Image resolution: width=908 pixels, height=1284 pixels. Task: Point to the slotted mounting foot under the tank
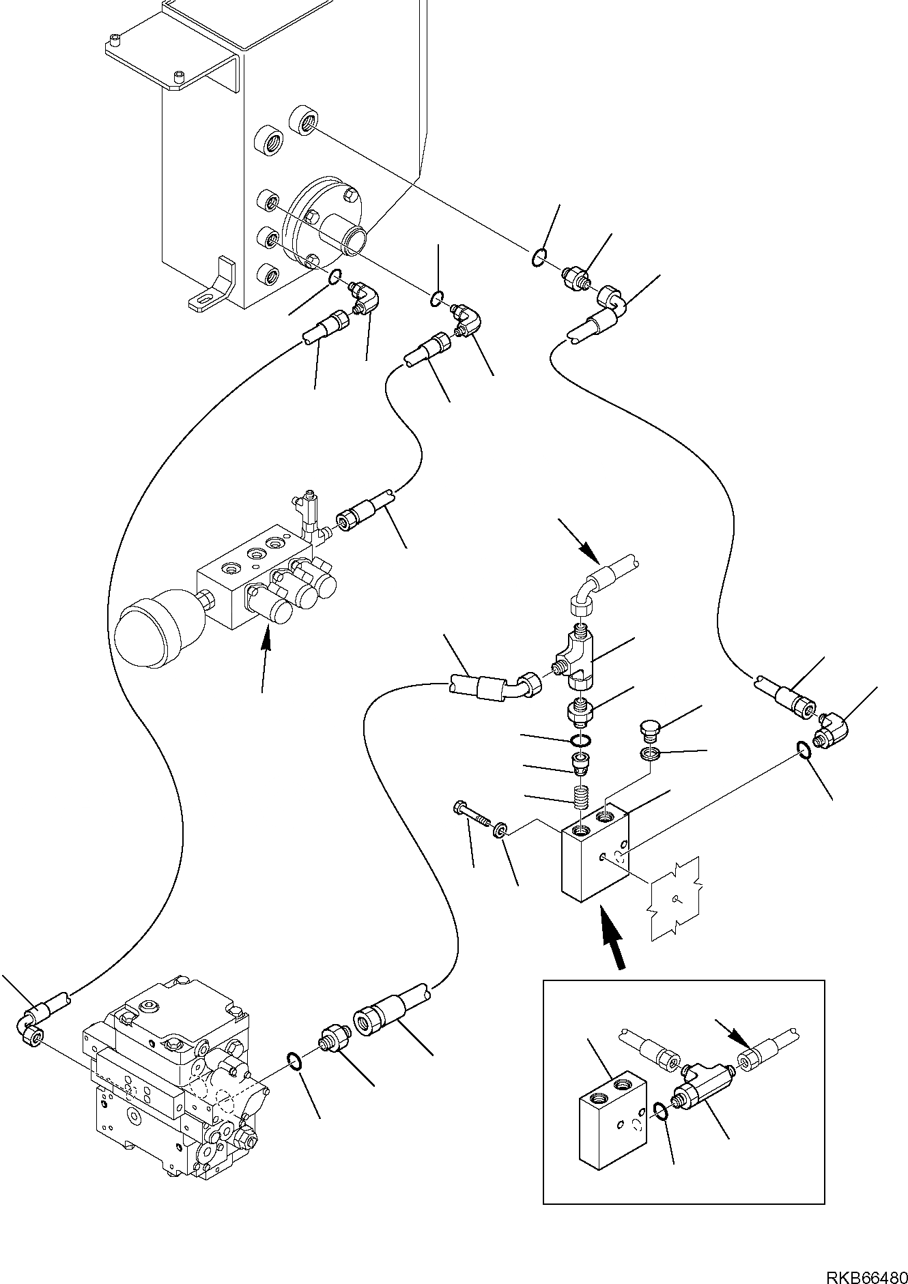[212, 286]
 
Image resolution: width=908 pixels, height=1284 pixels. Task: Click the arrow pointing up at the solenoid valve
[267, 639]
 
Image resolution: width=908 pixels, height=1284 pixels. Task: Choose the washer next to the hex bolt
[500, 829]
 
